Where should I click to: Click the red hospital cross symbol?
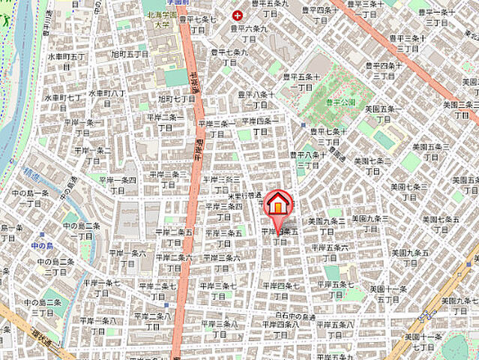click(x=238, y=15)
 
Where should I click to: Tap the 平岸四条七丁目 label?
click(x=280, y=290)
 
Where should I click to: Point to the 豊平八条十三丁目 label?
click(x=308, y=160)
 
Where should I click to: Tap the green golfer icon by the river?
click(x=7, y=17)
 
